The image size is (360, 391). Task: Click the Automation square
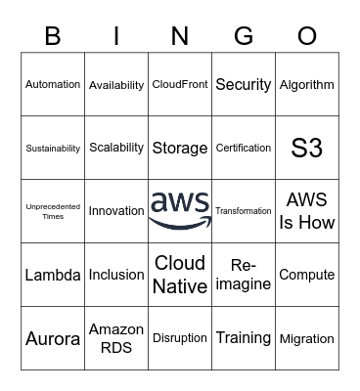pyautogui.click(x=53, y=85)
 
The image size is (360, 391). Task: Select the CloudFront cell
pyautogui.click(x=180, y=85)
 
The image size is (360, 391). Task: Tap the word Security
pyautogui.click(x=243, y=85)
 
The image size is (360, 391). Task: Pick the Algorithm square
pyautogui.click(x=307, y=85)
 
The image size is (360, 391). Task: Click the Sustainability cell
pyautogui.click(x=53, y=149)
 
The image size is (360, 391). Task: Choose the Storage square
pyautogui.click(x=180, y=149)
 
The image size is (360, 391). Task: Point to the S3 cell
pyautogui.click(x=307, y=149)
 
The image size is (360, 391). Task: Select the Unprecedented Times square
pyautogui.click(x=53, y=211)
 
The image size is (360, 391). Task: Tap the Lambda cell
pyautogui.click(x=53, y=275)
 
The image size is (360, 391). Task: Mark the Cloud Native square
pyautogui.click(x=180, y=275)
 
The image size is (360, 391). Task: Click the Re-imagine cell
pyautogui.click(x=243, y=275)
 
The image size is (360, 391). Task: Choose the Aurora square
pyautogui.click(x=53, y=338)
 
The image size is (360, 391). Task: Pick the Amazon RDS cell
pyautogui.click(x=116, y=338)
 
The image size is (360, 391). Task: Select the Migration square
pyautogui.click(x=307, y=338)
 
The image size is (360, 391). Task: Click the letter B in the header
pyautogui.click(x=53, y=36)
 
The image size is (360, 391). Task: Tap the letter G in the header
pyautogui.click(x=244, y=36)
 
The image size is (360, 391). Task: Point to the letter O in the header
pyautogui.click(x=307, y=36)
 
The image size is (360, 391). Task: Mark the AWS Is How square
pyautogui.click(x=307, y=211)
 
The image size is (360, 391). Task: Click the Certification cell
pyautogui.click(x=243, y=149)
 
